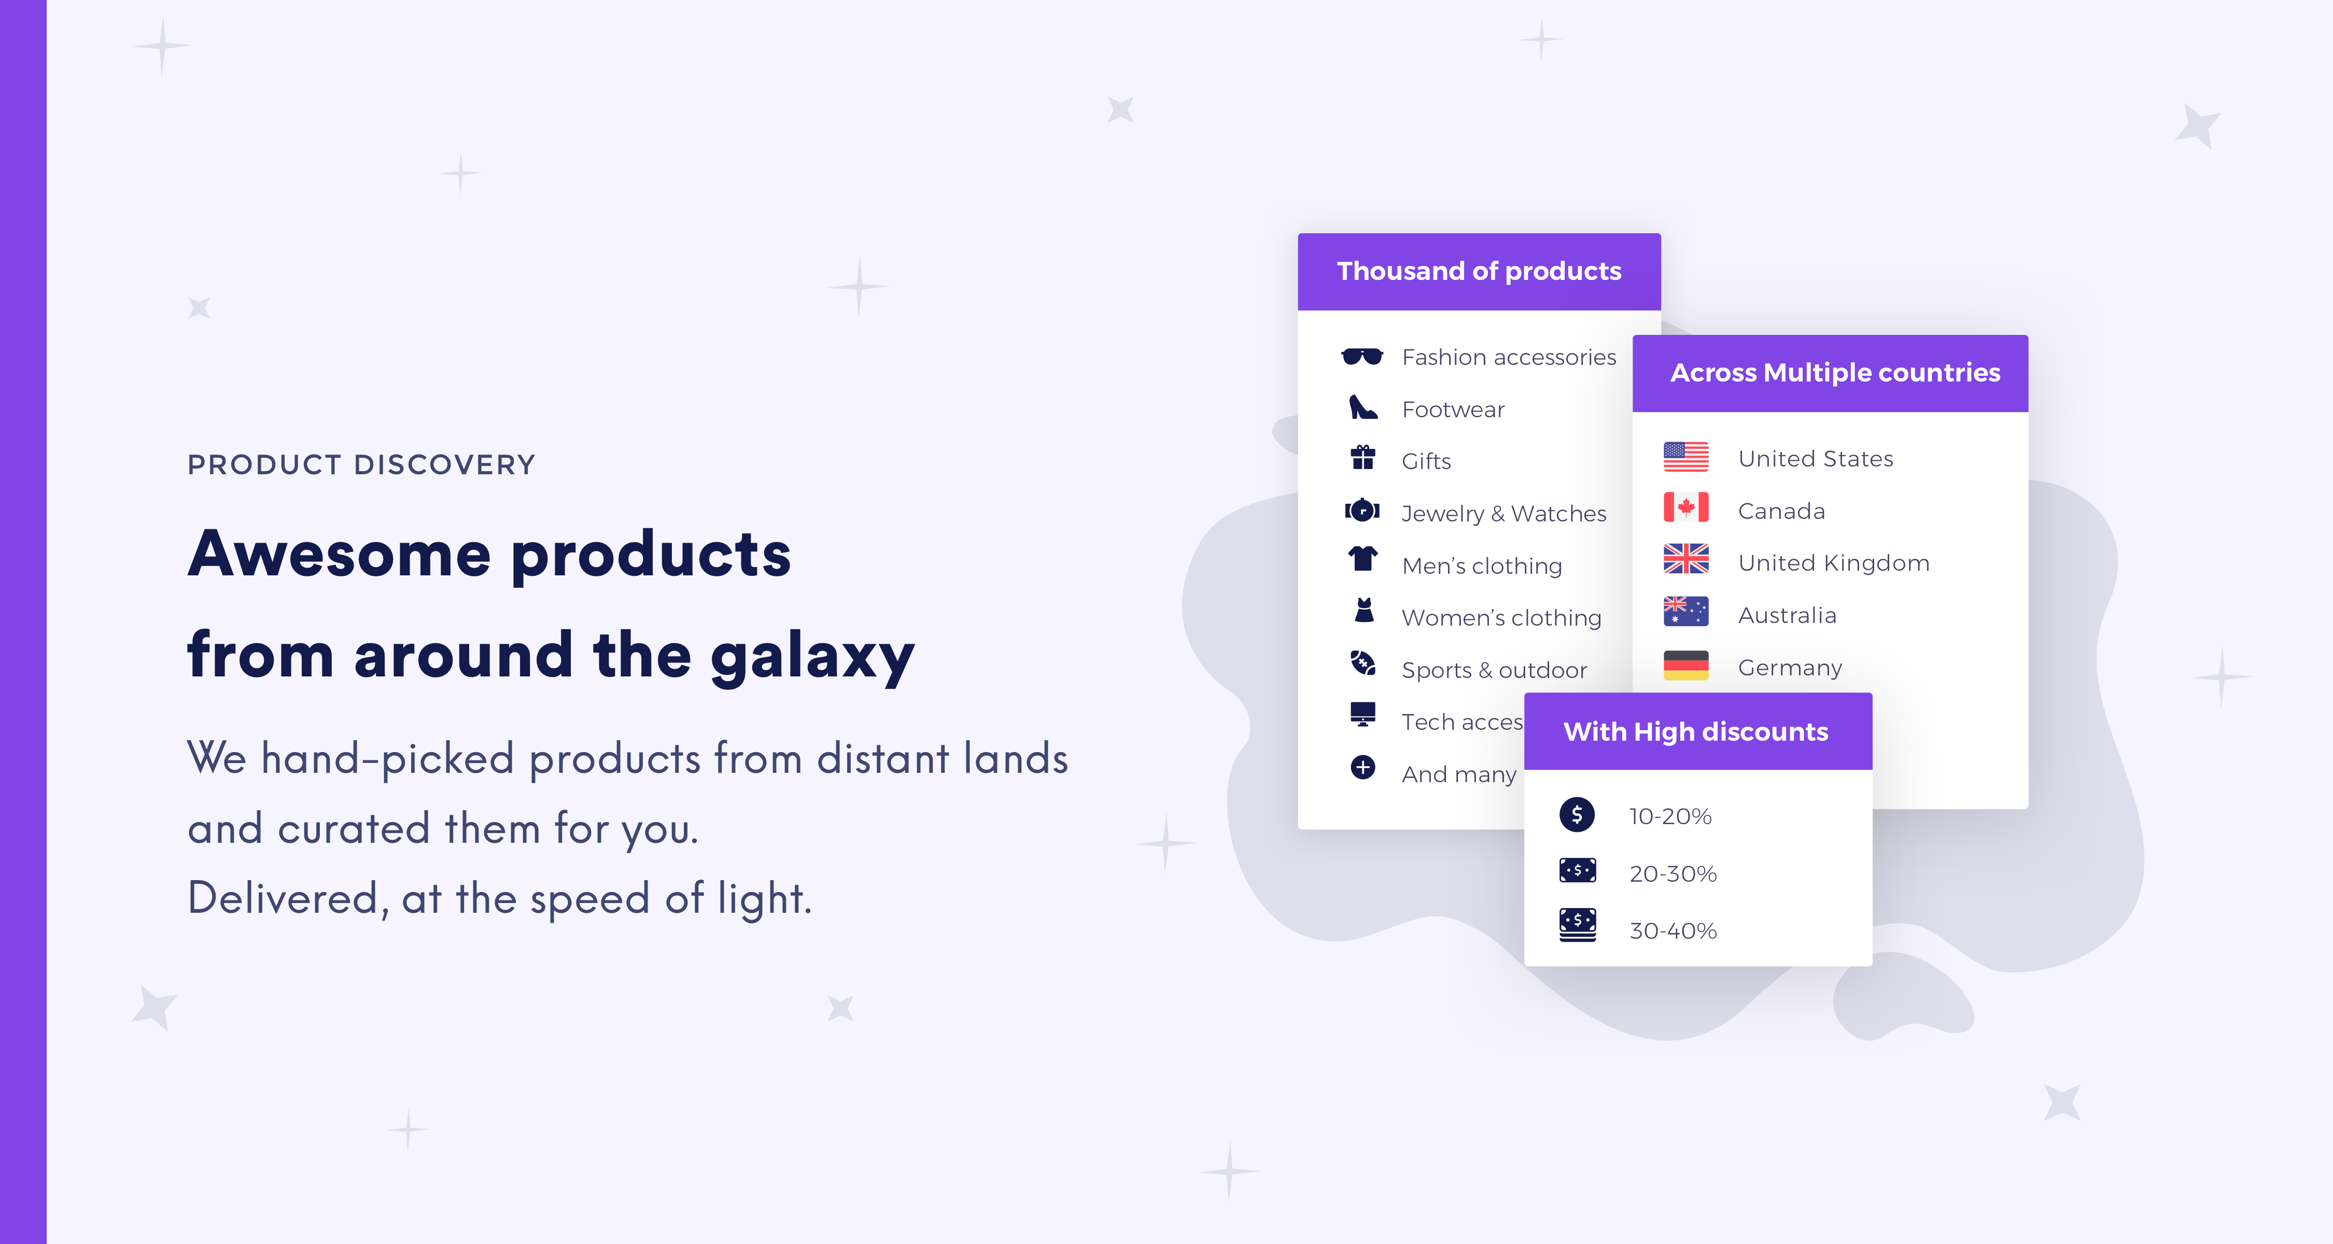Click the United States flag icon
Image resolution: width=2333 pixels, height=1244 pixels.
[1685, 457]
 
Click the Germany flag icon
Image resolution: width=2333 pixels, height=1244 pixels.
[1685, 666]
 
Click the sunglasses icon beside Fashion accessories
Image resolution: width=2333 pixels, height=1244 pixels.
[1362, 357]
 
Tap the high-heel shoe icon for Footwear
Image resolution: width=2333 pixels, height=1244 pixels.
[1362, 408]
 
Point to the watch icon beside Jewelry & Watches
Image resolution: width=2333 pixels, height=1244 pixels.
[1362, 511]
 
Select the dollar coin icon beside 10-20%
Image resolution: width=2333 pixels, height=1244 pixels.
[1577, 815]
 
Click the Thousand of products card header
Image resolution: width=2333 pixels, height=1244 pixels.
[1479, 272]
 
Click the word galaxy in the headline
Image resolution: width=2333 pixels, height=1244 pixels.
[812, 656]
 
